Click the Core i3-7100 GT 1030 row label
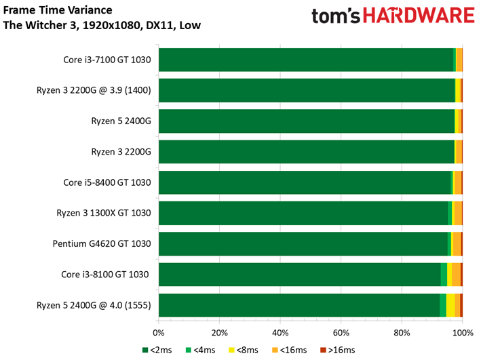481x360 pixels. [107, 60]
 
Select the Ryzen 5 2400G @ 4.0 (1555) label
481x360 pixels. [94, 305]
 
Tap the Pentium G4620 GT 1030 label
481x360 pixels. [102, 244]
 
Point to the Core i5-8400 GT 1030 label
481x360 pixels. [107, 182]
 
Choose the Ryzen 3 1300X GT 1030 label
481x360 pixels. [104, 213]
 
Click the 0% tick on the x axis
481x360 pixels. [159, 333]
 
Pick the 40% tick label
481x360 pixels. [280, 333]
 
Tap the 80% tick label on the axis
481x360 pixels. [402, 333]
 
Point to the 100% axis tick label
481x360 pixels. [463, 333]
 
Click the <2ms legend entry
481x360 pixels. [157, 350]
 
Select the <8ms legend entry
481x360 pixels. [244, 350]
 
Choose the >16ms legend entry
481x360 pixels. [337, 350]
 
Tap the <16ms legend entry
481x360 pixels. [289, 350]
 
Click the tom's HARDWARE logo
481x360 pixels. [393, 16]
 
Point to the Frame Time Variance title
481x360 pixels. [58, 10]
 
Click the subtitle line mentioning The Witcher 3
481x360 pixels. [102, 25]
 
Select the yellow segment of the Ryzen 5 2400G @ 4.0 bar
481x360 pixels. [450, 305]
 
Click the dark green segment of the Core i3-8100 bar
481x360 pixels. [300, 275]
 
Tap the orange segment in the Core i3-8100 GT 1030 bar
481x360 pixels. [456, 275]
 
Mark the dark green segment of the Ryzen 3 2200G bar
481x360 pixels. [307, 152]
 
